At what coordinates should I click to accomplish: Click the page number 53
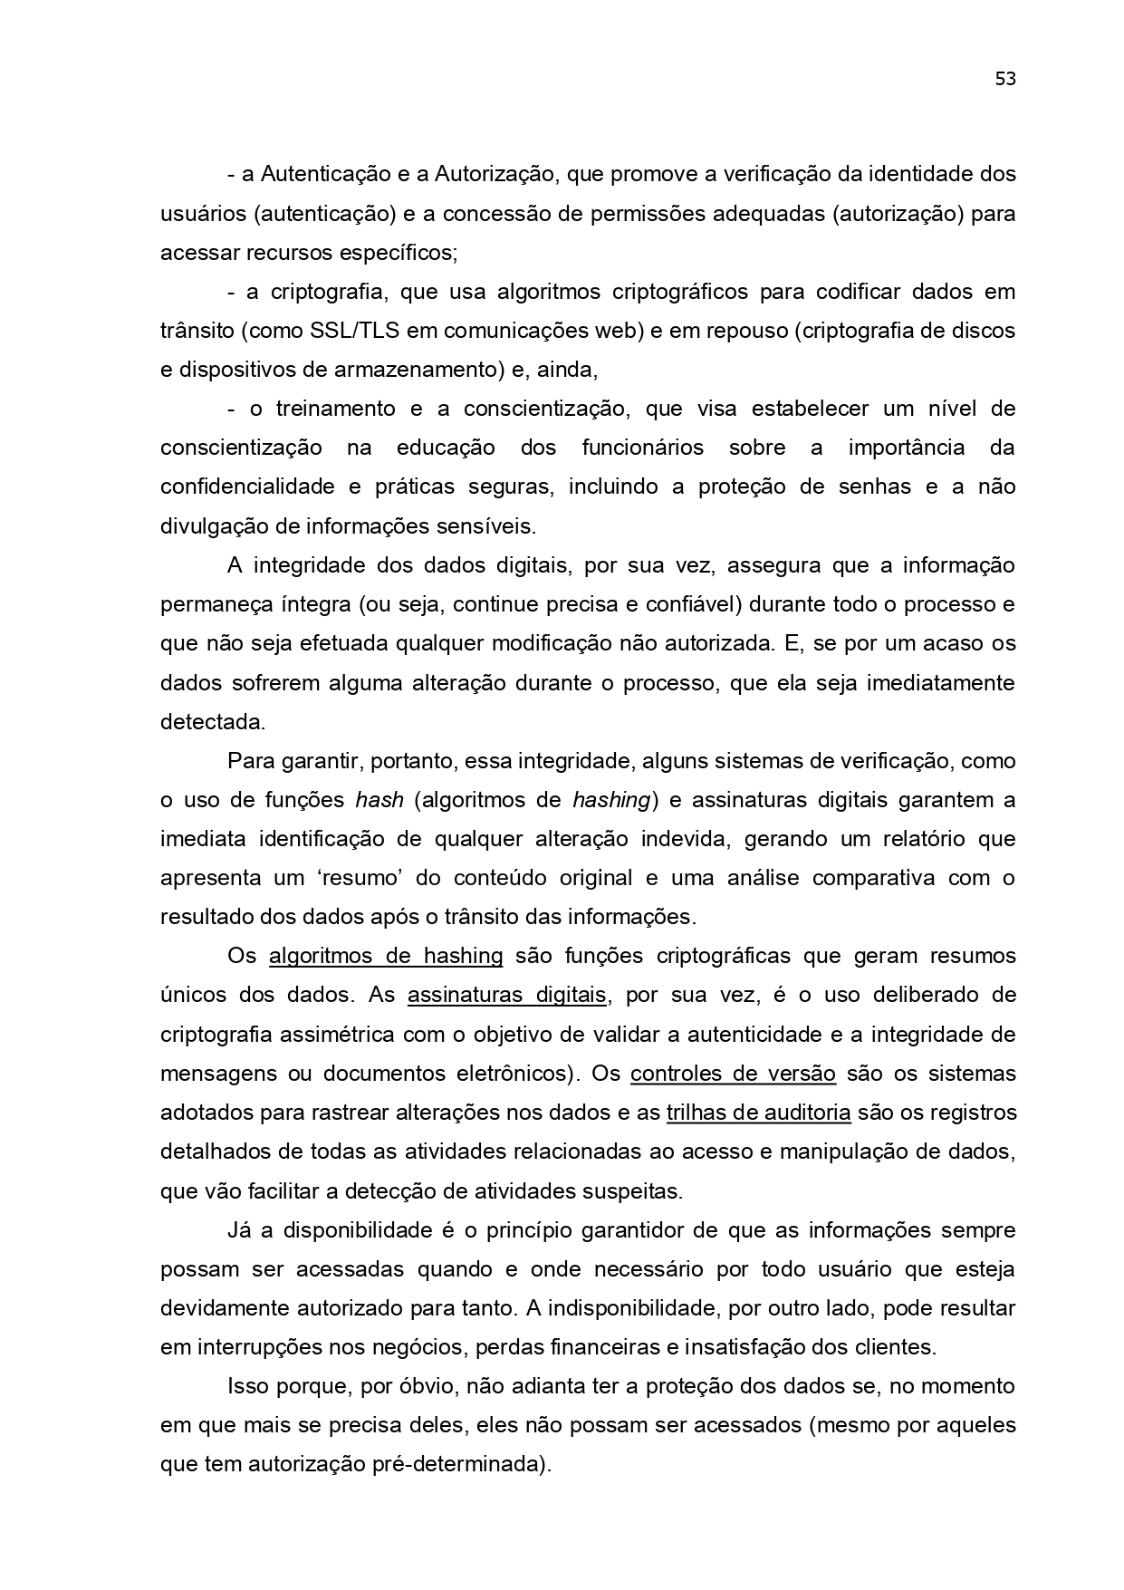click(1005, 79)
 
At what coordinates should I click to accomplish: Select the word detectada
click(212, 722)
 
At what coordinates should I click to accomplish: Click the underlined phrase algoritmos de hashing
click(386, 957)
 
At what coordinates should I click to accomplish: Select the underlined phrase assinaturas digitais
click(506, 996)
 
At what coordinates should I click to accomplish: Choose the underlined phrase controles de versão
click(733, 1074)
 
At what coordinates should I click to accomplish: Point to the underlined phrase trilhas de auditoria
click(758, 1113)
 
